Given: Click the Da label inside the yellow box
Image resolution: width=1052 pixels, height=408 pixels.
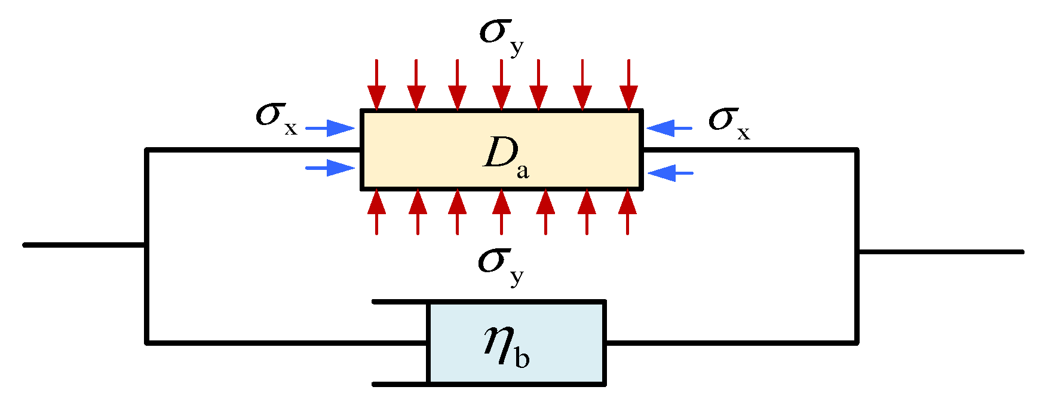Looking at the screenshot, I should coord(505,156).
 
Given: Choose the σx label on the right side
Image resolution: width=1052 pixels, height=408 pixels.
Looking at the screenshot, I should coord(728,121).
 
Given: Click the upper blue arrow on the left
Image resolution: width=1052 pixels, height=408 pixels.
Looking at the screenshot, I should coord(330,128).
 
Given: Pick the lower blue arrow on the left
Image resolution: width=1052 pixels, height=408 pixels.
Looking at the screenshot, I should coord(330,168).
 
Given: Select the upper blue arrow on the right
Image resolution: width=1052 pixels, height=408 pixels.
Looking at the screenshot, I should coord(670,128).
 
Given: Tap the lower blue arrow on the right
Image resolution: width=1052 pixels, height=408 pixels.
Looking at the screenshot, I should coord(670,173).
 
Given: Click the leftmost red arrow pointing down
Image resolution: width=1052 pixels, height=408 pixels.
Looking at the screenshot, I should coord(376,85).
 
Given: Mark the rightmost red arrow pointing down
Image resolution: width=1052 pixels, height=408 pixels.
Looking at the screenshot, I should coord(628,85).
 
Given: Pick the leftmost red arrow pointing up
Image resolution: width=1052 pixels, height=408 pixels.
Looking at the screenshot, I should coord(376,212).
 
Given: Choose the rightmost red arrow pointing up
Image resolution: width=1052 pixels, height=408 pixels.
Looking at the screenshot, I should coord(627,212).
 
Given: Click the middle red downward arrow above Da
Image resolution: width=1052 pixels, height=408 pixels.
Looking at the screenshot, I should coord(501,85).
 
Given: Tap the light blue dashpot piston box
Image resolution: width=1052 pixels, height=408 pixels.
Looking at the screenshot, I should coord(517,343).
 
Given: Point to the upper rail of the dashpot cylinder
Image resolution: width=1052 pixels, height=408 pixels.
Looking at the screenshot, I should coord(400,302).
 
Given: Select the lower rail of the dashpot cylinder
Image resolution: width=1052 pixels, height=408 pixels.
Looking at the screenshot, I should coord(400,384).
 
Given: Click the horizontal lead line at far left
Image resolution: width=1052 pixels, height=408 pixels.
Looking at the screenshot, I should coord(84,245).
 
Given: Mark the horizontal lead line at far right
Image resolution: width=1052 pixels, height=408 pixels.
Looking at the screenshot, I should coord(941,252).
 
